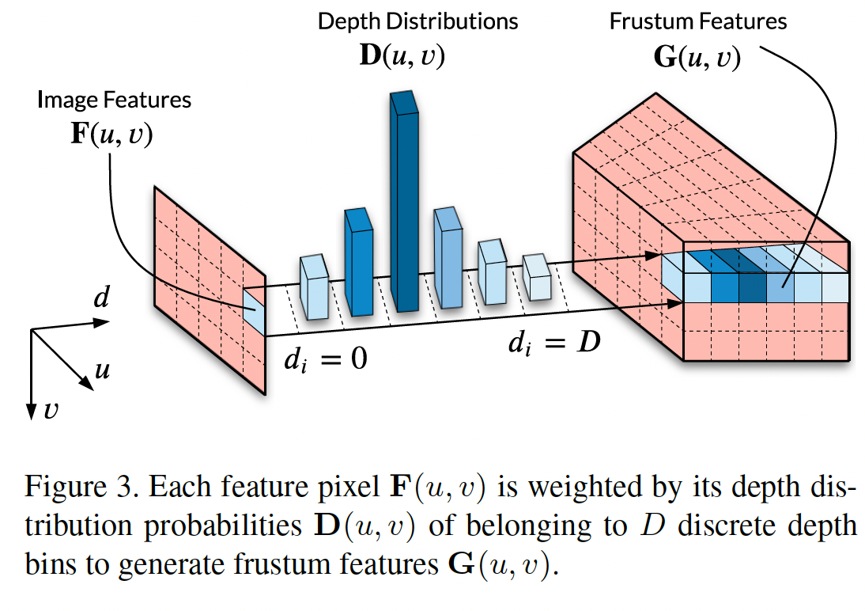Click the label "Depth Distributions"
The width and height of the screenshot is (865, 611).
coord(417,21)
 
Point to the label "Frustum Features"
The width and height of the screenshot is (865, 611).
coord(698,21)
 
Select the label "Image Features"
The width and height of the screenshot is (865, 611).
coord(115,101)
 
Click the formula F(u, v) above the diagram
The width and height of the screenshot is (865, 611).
coord(111,135)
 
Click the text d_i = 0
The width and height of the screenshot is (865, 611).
coord(326,359)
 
